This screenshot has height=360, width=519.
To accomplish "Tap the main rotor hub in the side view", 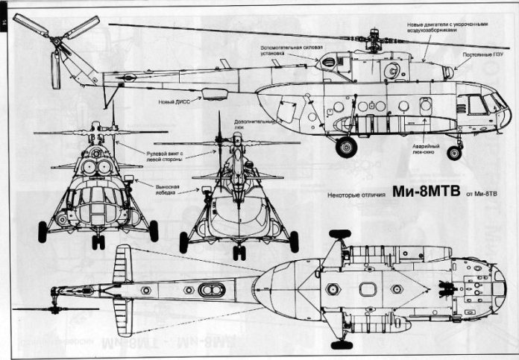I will click(x=371, y=40).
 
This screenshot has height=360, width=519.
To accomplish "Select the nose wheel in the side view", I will click(x=453, y=153).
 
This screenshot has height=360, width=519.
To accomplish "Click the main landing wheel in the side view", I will click(x=346, y=147).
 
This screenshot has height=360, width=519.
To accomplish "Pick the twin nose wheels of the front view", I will click(x=98, y=241).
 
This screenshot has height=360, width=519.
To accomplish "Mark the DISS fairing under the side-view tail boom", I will click(x=215, y=93).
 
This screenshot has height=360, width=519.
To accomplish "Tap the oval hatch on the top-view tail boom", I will click(x=211, y=290).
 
